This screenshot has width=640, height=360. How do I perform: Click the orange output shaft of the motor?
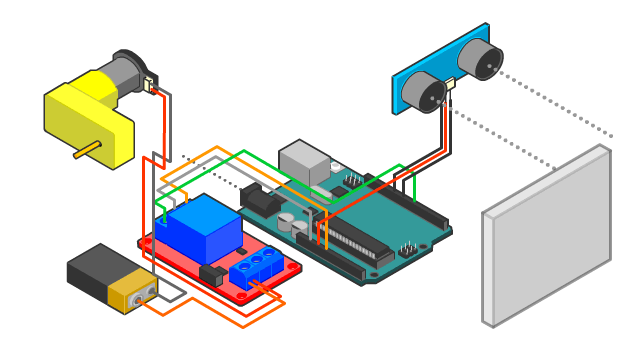tap(86, 150)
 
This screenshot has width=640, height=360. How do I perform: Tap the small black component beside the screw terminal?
tap(211, 274)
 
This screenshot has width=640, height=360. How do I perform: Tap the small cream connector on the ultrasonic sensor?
tap(450, 85)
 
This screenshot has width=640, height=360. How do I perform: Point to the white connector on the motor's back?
tap(150, 84)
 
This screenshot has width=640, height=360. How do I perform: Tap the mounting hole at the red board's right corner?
tap(290, 272)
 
